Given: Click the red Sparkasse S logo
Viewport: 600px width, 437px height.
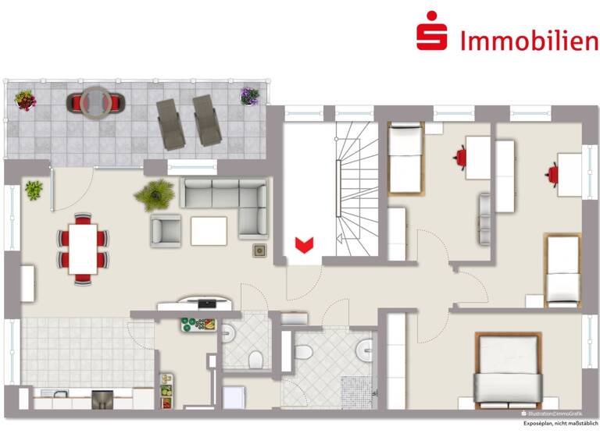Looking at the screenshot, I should click(431, 33).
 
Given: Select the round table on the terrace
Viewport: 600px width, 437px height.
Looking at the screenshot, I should click(97, 101).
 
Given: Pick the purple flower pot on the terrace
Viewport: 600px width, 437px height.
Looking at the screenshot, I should click(249, 96).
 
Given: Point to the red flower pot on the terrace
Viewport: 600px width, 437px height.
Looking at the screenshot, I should click(25, 99).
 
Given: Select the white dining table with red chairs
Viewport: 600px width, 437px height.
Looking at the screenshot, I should click(82, 247).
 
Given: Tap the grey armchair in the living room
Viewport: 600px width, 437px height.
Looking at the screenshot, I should click(166, 229).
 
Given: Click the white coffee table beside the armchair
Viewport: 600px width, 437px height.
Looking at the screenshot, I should click(209, 231).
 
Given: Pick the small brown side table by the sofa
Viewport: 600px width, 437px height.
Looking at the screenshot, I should click(259, 250).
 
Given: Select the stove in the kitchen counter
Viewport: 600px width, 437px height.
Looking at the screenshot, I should click(102, 400).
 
